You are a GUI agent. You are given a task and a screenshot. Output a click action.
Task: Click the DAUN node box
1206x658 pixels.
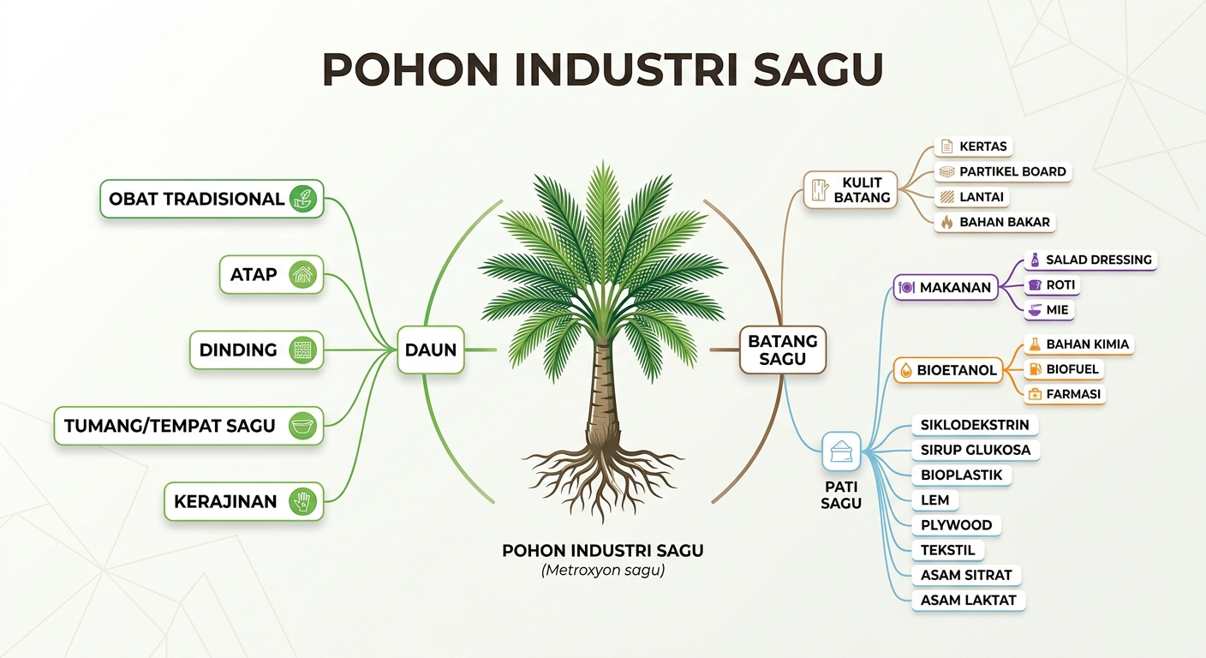(431, 350)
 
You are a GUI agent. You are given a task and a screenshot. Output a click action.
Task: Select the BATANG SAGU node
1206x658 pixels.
(782, 350)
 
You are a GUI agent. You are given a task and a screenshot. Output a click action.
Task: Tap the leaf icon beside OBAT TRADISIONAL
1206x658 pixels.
(302, 199)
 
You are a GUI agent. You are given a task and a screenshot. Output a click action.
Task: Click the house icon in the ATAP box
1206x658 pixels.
(302, 275)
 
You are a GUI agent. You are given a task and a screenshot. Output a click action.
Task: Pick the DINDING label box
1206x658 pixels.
(257, 350)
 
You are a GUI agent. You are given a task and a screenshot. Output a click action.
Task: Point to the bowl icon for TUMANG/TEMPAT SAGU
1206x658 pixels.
(302, 426)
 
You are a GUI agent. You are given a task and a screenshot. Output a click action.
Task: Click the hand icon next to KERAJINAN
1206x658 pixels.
(302, 501)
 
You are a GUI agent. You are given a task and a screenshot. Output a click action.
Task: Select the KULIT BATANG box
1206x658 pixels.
(851, 189)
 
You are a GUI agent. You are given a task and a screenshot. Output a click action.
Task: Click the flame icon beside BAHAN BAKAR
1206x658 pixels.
(946, 222)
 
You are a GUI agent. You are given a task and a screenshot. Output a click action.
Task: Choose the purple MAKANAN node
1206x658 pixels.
(946, 288)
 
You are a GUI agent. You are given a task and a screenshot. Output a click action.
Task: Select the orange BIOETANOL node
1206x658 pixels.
(948, 370)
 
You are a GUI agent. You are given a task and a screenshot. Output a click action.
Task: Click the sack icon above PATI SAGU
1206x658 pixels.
(841, 452)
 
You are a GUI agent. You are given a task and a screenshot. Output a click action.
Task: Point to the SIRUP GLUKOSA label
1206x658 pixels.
(975, 450)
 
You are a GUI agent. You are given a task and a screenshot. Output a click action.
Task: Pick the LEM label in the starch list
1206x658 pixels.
(934, 500)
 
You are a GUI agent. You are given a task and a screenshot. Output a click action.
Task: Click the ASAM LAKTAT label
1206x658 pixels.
(968, 601)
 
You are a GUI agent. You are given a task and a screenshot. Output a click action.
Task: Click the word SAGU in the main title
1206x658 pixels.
(818, 70)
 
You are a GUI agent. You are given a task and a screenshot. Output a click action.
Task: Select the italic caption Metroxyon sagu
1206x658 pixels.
(603, 571)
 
